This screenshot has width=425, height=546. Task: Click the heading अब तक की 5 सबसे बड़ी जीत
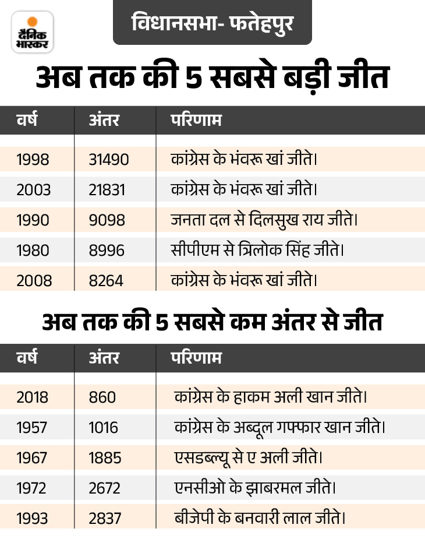coord(212,79)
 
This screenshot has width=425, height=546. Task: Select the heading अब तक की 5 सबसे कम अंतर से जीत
coord(212,322)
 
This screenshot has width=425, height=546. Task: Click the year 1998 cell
coord(33,158)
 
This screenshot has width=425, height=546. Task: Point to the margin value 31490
coord(108,158)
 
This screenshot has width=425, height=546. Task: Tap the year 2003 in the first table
coord(34,189)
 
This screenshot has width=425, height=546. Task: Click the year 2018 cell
coord(33,397)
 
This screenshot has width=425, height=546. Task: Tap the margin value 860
coord(102,397)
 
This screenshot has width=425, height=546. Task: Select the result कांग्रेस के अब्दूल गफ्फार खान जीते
coord(279,427)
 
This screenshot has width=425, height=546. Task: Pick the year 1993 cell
coord(33,517)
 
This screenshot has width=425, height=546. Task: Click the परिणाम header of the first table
coord(195,121)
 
